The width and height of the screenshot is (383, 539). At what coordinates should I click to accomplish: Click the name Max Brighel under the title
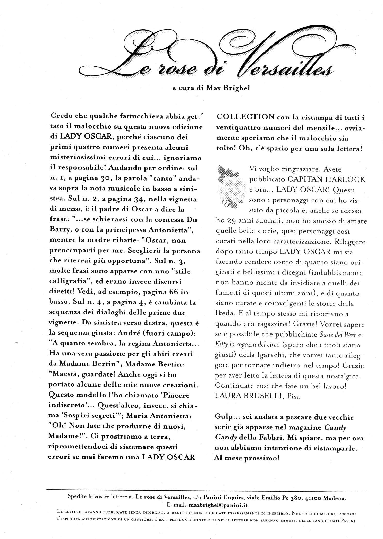(x=228, y=88)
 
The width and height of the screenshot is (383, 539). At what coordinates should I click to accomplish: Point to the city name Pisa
(x=294, y=396)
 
